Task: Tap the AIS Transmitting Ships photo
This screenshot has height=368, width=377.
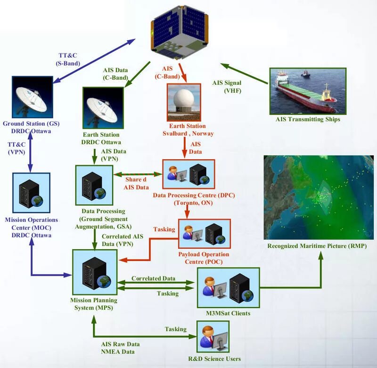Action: pyautogui.click(x=308, y=91)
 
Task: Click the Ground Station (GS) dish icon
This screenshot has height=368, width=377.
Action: pyautogui.click(x=30, y=97)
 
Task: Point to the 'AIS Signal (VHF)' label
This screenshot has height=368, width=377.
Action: pyautogui.click(x=227, y=87)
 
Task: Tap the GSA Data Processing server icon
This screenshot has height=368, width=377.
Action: pyautogui.click(x=94, y=183)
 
